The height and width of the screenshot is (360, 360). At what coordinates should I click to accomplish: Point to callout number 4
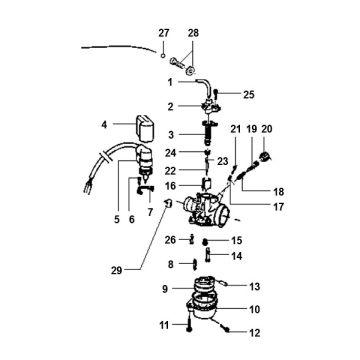tap(104, 125)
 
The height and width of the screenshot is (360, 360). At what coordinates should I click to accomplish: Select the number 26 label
tap(171, 267)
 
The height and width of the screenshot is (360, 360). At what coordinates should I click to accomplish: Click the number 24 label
tap(170, 153)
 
